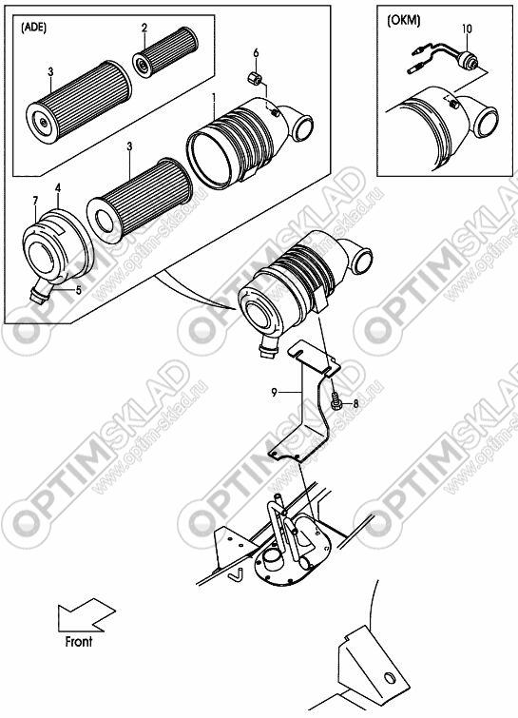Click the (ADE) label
coord(33,27)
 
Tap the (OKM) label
coord(404,21)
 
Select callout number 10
coord(467,29)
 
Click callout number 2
coord(144,29)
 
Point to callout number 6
coord(256,53)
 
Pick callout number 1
coord(213,98)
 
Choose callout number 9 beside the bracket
coord(274,392)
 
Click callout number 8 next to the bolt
coord(356,404)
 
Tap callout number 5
coord(79,290)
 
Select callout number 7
coord(35,200)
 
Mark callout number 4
coord(58,187)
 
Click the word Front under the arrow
coord(79,642)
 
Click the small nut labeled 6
coord(254,78)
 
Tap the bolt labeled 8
coord(335,403)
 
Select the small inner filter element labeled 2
coord(164,50)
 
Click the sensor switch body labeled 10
coord(468,60)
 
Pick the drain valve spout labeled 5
coord(40,292)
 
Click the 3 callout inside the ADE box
coord(50,72)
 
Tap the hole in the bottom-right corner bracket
coord(389,677)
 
